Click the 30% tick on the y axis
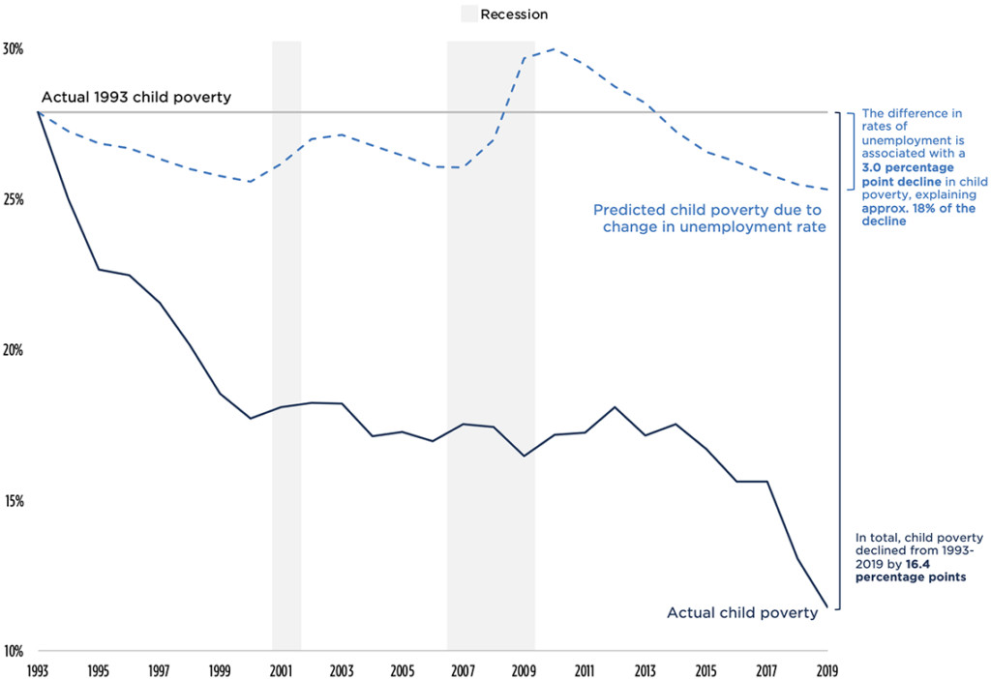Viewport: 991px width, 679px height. point(14,48)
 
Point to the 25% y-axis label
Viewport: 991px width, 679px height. point(14,199)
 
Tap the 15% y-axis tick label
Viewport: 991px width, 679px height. point(14,501)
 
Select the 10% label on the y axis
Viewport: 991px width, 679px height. point(14,651)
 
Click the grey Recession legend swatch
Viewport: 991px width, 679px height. point(468,15)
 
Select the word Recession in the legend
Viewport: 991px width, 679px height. point(515,15)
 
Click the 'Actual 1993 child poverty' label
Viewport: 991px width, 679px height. point(135,98)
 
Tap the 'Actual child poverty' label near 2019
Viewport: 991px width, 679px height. point(742,612)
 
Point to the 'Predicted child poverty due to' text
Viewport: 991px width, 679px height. point(706,210)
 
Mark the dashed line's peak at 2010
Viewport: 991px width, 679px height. point(554,48)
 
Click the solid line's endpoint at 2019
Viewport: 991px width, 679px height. point(827,607)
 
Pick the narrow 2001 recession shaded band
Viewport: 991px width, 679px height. point(286,339)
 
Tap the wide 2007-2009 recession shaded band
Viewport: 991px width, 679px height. point(491,339)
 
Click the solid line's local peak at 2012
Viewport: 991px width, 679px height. point(615,407)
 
